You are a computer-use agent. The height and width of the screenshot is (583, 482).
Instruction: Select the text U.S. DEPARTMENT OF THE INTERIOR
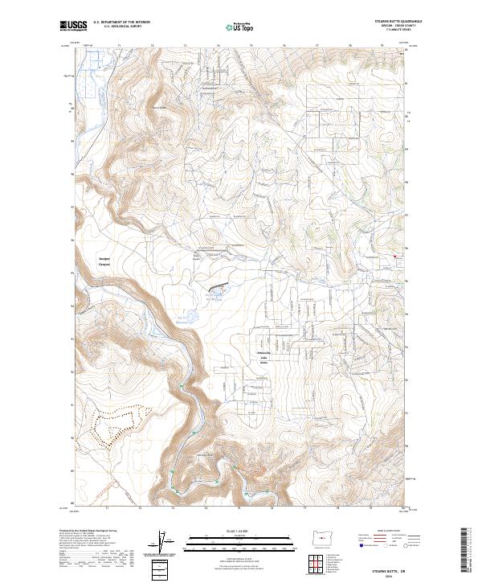tap(122, 22)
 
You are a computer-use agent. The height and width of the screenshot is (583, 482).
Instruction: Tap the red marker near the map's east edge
tap(394, 257)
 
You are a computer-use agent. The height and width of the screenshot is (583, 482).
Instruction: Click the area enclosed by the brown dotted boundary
tap(116, 422)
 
